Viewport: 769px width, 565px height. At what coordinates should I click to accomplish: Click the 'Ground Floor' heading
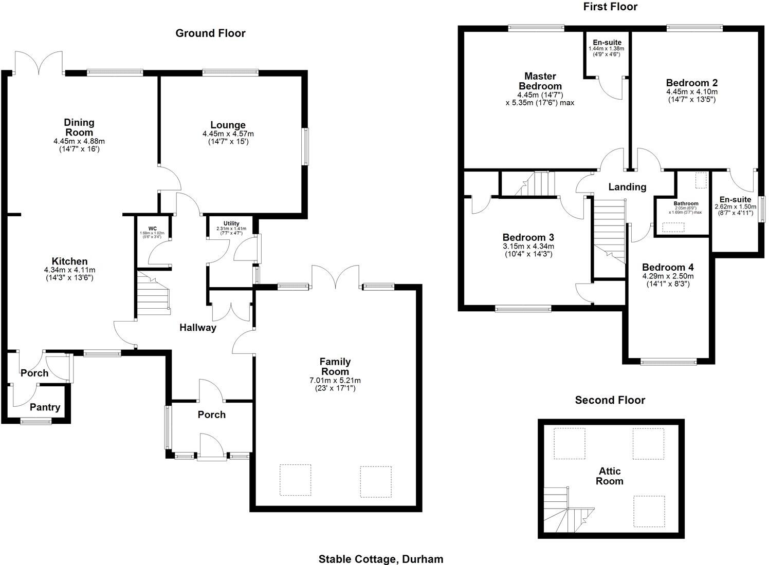point(210,33)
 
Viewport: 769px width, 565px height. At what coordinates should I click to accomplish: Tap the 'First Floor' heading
point(610,7)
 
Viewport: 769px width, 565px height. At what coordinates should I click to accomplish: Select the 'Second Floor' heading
point(610,400)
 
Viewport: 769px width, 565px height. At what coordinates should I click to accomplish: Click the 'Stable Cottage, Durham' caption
point(380,559)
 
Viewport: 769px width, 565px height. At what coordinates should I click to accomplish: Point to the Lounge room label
point(228,125)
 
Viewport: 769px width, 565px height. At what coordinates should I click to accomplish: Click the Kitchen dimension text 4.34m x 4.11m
point(69,270)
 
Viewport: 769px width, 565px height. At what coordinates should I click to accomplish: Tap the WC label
point(153,229)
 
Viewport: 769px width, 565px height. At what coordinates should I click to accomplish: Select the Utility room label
point(231,223)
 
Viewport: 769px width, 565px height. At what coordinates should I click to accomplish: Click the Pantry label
point(45,407)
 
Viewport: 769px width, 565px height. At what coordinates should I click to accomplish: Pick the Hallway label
point(197,328)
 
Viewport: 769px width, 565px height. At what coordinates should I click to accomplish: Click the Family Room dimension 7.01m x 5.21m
point(335,381)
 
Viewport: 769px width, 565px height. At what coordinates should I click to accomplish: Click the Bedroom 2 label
point(691,83)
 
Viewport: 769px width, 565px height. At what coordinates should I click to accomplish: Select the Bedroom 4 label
point(667,267)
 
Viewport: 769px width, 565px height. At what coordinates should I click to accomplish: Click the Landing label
point(627,187)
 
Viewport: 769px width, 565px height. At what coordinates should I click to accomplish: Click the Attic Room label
point(610,476)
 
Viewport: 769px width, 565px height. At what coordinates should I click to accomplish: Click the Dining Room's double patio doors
point(39,63)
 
